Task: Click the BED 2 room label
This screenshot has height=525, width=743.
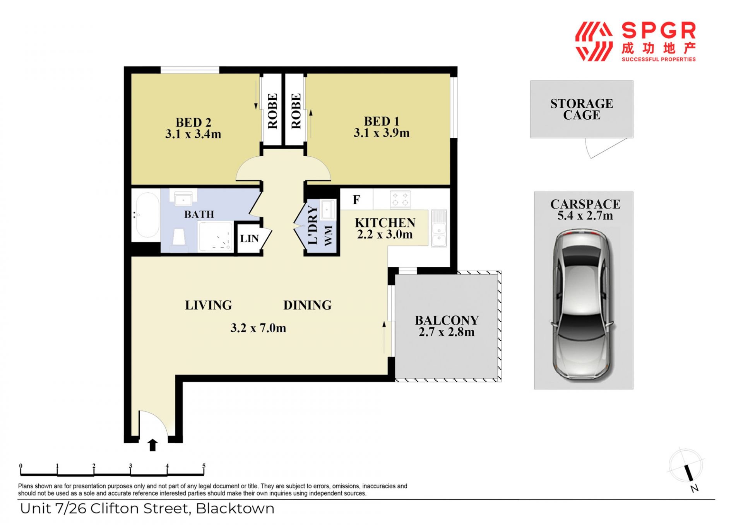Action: [193, 122]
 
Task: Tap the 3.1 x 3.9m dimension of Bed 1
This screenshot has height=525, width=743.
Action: [382, 133]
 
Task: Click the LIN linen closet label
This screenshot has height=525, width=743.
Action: [249, 239]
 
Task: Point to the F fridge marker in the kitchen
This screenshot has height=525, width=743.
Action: [356, 200]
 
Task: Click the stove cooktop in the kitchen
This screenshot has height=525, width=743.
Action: [400, 199]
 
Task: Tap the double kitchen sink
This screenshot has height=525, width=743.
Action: [439, 228]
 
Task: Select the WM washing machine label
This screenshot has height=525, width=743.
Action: [328, 235]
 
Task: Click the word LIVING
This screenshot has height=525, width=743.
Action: [208, 305]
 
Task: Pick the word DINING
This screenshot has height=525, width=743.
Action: [307, 305]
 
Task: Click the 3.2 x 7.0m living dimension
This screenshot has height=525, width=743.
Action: [258, 328]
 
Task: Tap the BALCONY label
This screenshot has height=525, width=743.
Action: [447, 320]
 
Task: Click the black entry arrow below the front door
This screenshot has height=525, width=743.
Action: [152, 445]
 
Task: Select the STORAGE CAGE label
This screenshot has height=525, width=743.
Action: [582, 109]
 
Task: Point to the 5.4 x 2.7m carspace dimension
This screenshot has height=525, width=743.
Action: [585, 215]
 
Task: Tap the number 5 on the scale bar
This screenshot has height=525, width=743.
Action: [204, 466]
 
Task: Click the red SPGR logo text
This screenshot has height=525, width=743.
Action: [659, 31]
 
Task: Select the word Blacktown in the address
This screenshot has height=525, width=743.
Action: [235, 508]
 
